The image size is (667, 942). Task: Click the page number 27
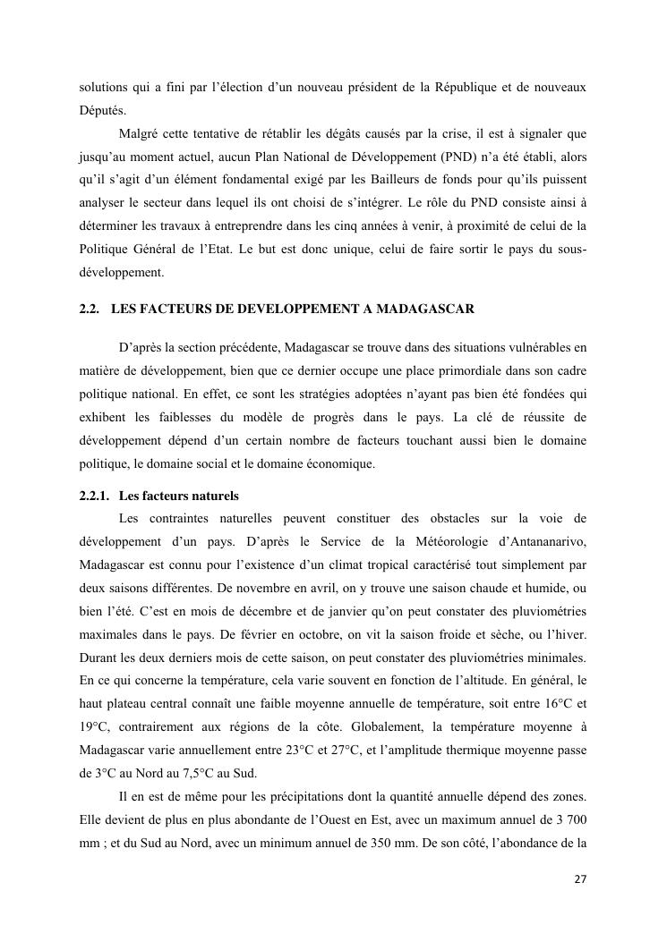pyautogui.click(x=580, y=879)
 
